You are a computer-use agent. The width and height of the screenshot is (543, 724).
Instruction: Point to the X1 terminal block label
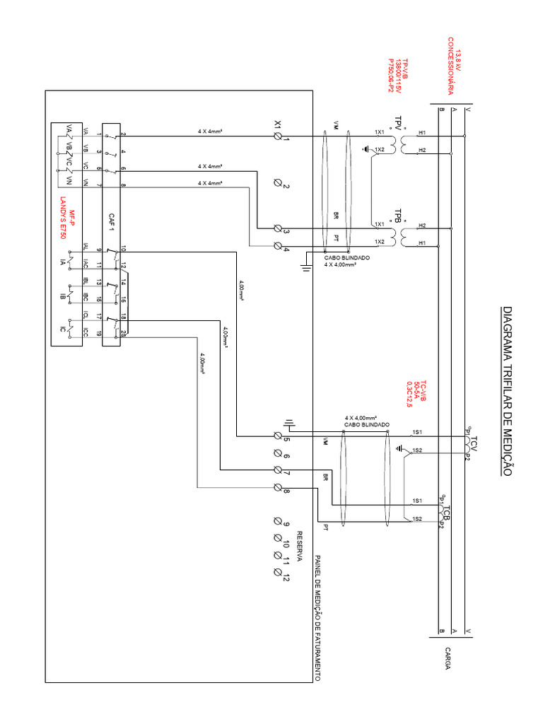(x=278, y=124)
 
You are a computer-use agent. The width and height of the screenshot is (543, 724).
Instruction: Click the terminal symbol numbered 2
(x=277, y=185)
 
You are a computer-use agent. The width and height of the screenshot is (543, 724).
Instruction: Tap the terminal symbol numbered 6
(x=277, y=455)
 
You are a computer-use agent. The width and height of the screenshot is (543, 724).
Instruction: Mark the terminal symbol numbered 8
(x=277, y=489)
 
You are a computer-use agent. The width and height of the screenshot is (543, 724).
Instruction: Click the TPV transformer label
(x=397, y=126)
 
